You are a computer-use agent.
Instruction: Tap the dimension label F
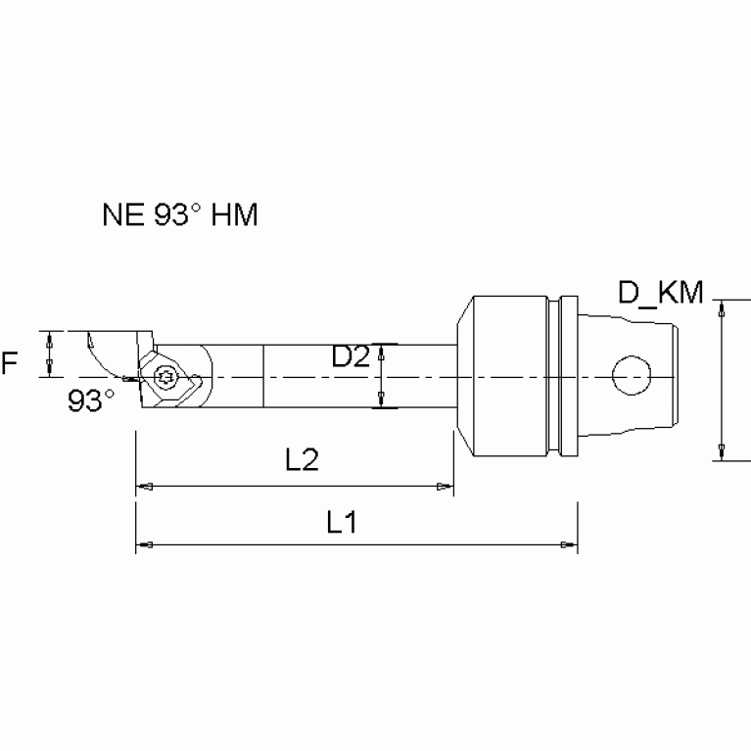10,365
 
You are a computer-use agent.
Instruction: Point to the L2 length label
305,461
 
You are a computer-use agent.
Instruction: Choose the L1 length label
341,522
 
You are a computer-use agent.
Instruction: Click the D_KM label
661,292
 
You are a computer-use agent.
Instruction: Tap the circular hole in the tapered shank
632,376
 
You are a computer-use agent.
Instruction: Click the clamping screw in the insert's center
164,375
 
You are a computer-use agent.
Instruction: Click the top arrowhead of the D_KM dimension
722,307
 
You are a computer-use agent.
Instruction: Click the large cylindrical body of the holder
509,376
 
